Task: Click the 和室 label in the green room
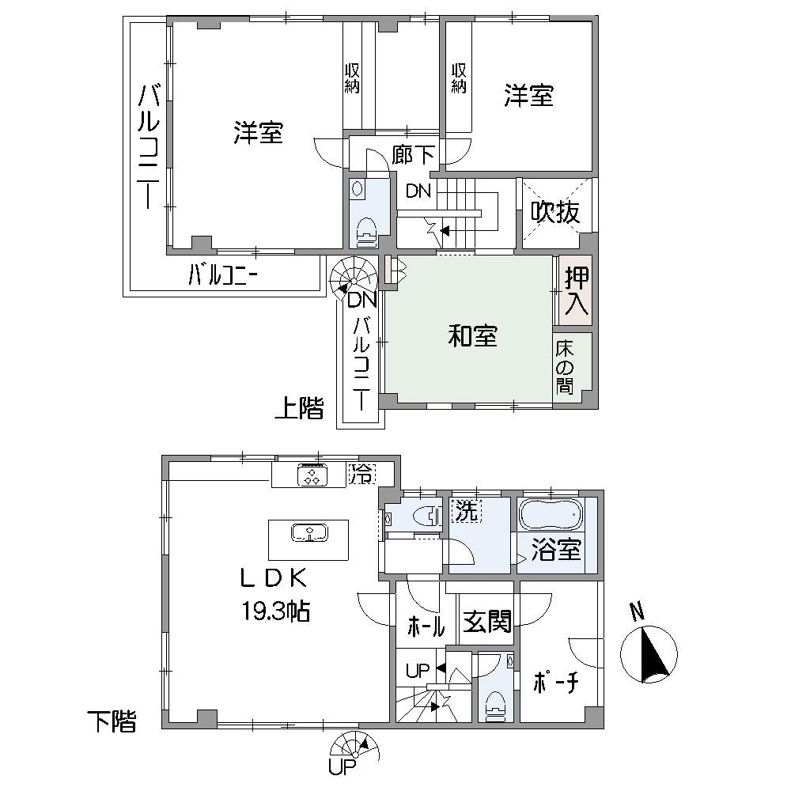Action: [473, 336]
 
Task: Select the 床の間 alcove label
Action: [564, 368]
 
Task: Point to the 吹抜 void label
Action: [556, 212]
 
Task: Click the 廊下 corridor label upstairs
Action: [413, 156]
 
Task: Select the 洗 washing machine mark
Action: [466, 512]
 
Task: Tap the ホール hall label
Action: [426, 626]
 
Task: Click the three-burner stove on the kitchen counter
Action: [311, 475]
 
